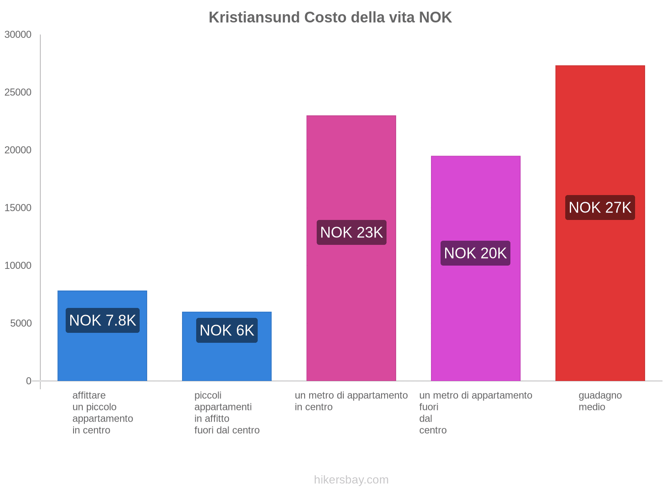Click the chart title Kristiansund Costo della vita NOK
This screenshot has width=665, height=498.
click(330, 17)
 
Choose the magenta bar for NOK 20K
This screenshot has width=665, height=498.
click(475, 199)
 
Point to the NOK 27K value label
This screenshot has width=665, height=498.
click(600, 207)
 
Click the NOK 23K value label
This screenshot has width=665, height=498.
click(351, 232)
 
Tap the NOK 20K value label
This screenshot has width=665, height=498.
click(475, 253)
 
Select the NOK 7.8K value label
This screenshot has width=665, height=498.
click(102, 320)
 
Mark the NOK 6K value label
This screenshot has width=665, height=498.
click(227, 330)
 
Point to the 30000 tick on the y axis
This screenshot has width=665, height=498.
click(18, 35)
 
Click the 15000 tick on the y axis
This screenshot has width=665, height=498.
click(18, 208)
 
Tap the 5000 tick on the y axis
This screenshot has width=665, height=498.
click(21, 323)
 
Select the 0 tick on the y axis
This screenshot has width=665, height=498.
click(29, 381)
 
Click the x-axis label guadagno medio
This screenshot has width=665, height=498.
click(600, 401)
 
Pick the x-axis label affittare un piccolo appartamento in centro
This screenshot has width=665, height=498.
click(102, 413)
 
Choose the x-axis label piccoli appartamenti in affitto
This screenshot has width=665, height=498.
click(227, 413)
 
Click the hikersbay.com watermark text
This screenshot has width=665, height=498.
click(351, 480)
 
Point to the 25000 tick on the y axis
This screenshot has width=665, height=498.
click(18, 93)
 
